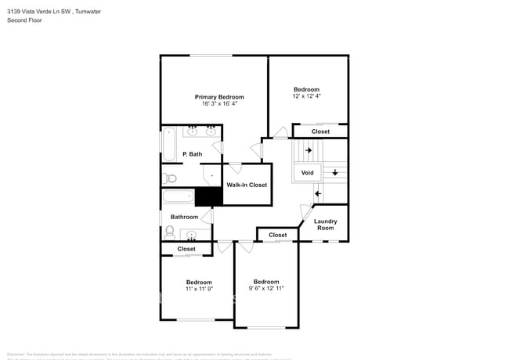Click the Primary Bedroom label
click(214, 97)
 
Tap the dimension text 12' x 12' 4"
click(307, 95)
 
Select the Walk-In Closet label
click(247, 185)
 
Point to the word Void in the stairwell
click(306, 172)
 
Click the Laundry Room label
click(325, 224)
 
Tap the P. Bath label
click(192, 154)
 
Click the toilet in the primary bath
click(168, 178)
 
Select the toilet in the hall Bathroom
click(170, 232)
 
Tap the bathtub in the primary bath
click(170, 144)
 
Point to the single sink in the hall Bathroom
click(192, 234)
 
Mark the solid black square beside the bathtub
click(204, 196)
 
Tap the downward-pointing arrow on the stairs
click(335, 172)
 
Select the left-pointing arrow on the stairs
click(317, 193)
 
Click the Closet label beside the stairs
click(320, 131)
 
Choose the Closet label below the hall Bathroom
click(186, 249)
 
